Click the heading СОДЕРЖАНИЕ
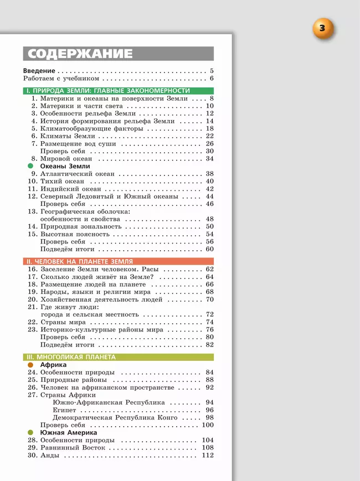[x=80, y=54]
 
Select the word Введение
[x=39, y=71]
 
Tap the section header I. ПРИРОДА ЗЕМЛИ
[x=109, y=91]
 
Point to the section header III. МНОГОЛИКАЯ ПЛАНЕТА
[x=71, y=357]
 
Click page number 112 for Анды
[x=208, y=456]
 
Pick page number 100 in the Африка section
[x=208, y=425]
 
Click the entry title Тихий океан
[x=62, y=181]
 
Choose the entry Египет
[x=64, y=410]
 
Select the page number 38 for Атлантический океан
[x=209, y=174]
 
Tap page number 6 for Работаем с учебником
[x=212, y=79]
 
